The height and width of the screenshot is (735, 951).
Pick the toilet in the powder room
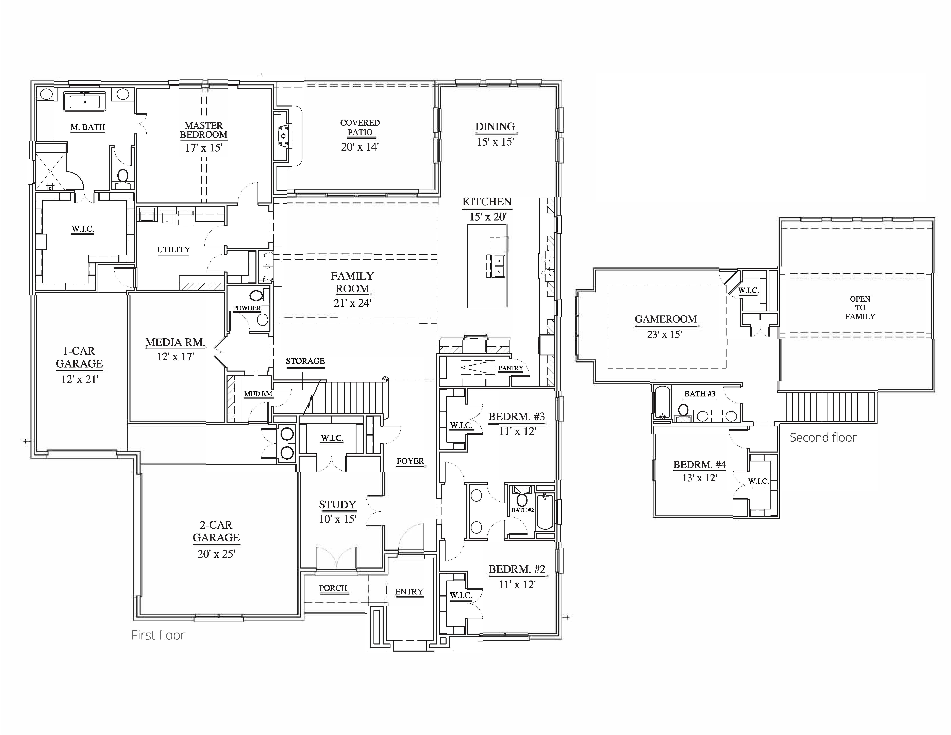pyautogui.click(x=257, y=296)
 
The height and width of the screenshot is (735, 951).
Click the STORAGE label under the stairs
pyautogui.click(x=305, y=361)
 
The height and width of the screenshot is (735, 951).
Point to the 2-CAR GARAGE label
pyautogui.click(x=216, y=531)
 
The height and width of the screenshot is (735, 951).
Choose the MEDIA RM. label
pyautogui.click(x=175, y=343)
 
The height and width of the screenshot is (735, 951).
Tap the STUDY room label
pyautogui.click(x=337, y=505)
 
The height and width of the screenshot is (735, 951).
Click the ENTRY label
pyautogui.click(x=409, y=592)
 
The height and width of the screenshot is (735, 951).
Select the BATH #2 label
pyautogui.click(x=522, y=510)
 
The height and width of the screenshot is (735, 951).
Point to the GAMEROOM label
pyautogui.click(x=665, y=319)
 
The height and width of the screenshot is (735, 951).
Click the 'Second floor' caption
pyautogui.click(x=823, y=438)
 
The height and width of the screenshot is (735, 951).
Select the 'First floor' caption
pyautogui.click(x=158, y=635)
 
